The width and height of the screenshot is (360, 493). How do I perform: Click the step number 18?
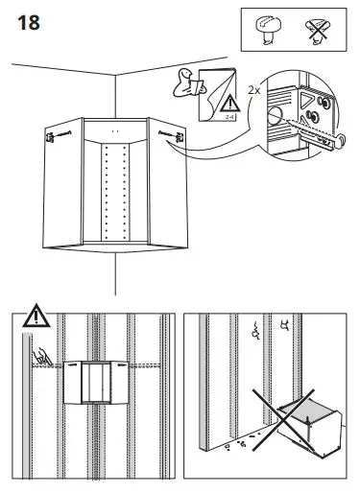pyautogui.click(x=29, y=24)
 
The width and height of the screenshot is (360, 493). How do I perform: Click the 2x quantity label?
pyautogui.click(x=252, y=88)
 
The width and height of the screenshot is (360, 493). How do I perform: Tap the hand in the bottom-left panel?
pyautogui.click(x=41, y=358)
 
